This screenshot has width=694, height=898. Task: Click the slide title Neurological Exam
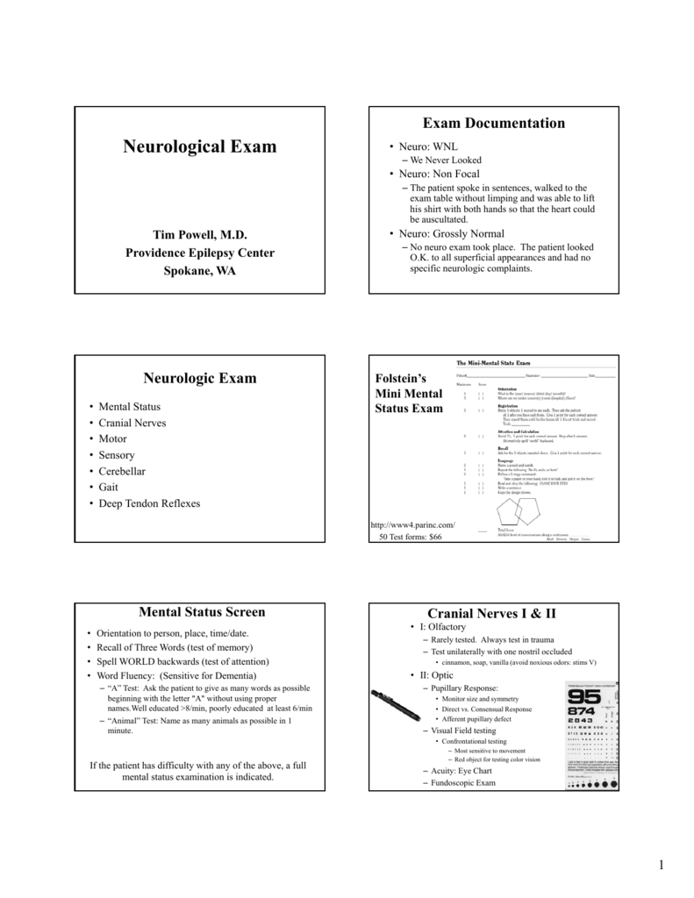pyautogui.click(x=199, y=146)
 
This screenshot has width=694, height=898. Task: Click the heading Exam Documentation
pyautogui.click(x=495, y=123)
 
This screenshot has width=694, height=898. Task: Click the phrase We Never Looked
pyautogui.click(x=447, y=160)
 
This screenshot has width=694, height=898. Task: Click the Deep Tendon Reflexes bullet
pyautogui.click(x=149, y=503)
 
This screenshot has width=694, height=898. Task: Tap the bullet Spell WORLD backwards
pyautogui.click(x=182, y=661)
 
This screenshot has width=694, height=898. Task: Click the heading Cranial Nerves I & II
pyautogui.click(x=495, y=613)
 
